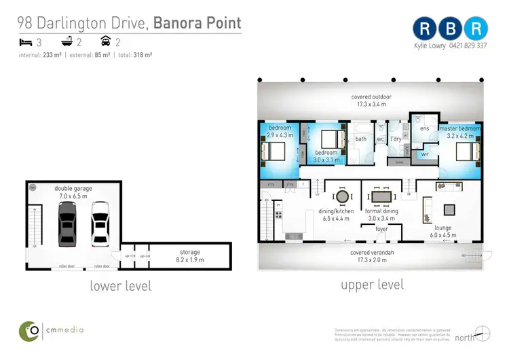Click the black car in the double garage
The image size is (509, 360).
(x=68, y=223)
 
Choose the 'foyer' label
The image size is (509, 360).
(x=381, y=229)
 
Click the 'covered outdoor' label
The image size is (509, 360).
(x=371, y=97)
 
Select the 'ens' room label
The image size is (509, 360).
(x=425, y=128)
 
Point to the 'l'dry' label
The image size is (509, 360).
(x=396, y=129)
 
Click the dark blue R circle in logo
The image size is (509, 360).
(x=425, y=28)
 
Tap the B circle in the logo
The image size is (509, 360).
(x=451, y=28)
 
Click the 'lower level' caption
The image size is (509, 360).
(x=121, y=286)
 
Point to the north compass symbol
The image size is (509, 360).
(x=480, y=335)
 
